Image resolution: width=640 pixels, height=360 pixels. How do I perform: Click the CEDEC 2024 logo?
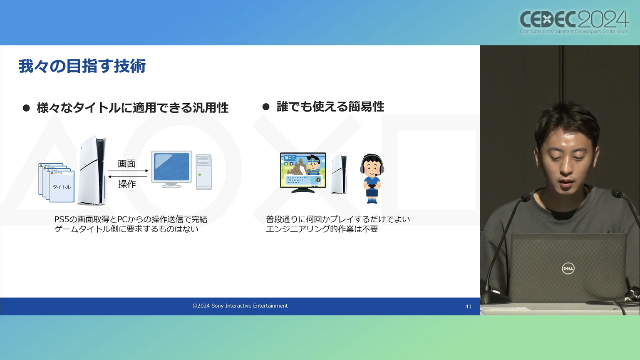[574, 22]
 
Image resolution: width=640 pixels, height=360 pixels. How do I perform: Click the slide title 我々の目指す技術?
[82, 66]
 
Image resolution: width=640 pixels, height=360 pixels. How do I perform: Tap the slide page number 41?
[468, 306]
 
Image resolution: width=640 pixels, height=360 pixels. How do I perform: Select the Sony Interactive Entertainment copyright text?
[240, 306]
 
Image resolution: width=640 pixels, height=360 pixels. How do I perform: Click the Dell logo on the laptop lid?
[568, 268]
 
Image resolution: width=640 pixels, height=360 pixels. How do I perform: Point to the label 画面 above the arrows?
[127, 164]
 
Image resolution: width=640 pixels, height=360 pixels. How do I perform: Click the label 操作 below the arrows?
[127, 184]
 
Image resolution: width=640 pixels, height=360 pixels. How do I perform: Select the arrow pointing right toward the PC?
[128, 171]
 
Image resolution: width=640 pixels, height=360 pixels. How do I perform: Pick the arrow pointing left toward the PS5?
[128, 176]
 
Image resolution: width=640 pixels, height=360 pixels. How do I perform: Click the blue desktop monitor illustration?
[171, 169]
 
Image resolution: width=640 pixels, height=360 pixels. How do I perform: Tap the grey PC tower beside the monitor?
[204, 172]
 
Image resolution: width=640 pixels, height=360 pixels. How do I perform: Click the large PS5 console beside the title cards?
[92, 170]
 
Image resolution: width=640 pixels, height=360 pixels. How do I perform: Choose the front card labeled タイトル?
[62, 186]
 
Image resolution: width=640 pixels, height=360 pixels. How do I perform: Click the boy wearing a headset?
[372, 179]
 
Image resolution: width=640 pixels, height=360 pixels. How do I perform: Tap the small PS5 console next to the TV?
[339, 174]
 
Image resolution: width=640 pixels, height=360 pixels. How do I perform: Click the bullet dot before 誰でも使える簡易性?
[266, 107]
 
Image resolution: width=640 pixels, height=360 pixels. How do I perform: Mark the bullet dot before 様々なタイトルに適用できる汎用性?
[26, 108]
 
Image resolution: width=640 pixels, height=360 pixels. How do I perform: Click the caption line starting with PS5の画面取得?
[131, 219]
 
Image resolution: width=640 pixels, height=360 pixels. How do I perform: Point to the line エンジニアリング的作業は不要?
[322, 229]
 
